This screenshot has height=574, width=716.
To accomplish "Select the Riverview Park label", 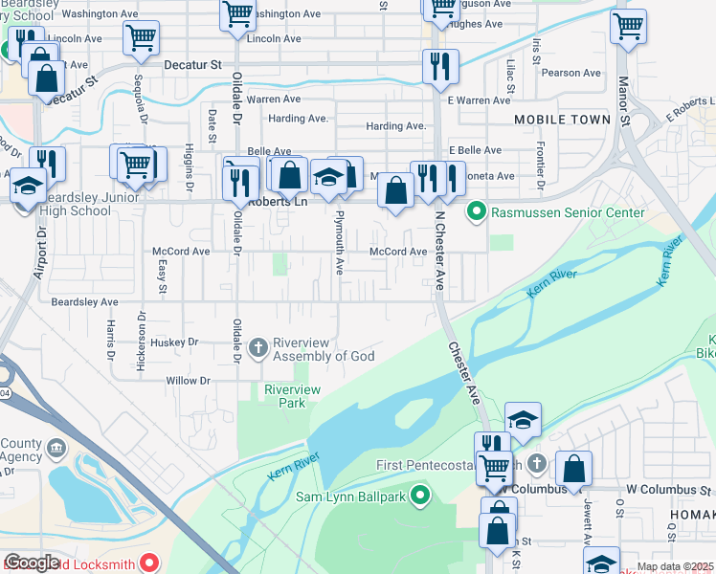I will pyautogui.click(x=292, y=396).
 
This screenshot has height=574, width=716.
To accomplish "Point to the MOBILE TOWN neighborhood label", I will pyautogui.click(x=562, y=120).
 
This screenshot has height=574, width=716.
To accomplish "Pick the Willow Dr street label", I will pyautogui.click(x=188, y=380).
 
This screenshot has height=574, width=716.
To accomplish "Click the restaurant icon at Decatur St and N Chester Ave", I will pyautogui.click(x=440, y=65).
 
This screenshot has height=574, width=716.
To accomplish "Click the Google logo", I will pyautogui.click(x=31, y=563).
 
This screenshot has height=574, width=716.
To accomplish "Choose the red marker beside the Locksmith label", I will pyautogui.click(x=149, y=563).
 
